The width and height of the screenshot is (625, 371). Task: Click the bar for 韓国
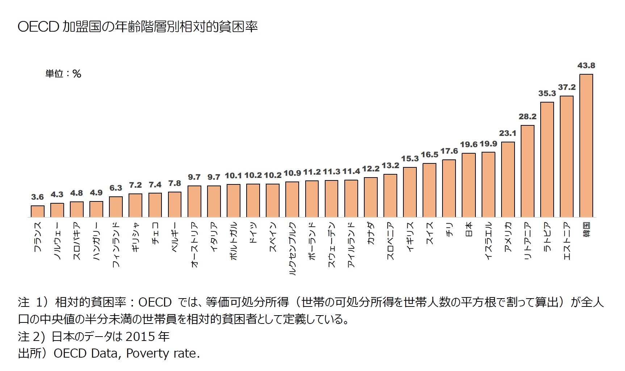pyautogui.click(x=586, y=146)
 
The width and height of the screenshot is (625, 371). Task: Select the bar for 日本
pyautogui.click(x=469, y=185)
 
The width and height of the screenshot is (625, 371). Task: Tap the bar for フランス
pyautogui.click(x=38, y=211)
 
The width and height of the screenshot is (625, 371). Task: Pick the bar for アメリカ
pyautogui.click(x=508, y=179)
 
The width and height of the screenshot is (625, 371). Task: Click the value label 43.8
pyautogui.click(x=586, y=66)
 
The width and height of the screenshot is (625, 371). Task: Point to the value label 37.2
pyautogui.click(x=566, y=87)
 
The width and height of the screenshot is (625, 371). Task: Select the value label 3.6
pyautogui.click(x=37, y=197)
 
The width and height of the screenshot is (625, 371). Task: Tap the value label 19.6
pyautogui.click(x=469, y=145)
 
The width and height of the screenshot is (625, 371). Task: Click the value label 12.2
pyautogui.click(x=371, y=169)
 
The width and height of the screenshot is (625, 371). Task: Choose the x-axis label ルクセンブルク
pyautogui.click(x=293, y=249)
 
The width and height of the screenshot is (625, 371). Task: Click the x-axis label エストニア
pyautogui.click(x=567, y=241)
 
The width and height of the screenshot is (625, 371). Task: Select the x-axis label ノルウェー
pyautogui.click(x=57, y=241)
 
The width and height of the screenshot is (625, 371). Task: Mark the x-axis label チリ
pyautogui.click(x=449, y=229)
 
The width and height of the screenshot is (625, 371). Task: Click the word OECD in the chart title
pyautogui.click(x=38, y=27)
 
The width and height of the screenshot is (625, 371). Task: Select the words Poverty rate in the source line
pyautogui.click(x=163, y=353)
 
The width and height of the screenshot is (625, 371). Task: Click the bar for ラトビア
pyautogui.click(x=547, y=159)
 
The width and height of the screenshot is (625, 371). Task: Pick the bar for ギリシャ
pyautogui.click(x=135, y=205)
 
